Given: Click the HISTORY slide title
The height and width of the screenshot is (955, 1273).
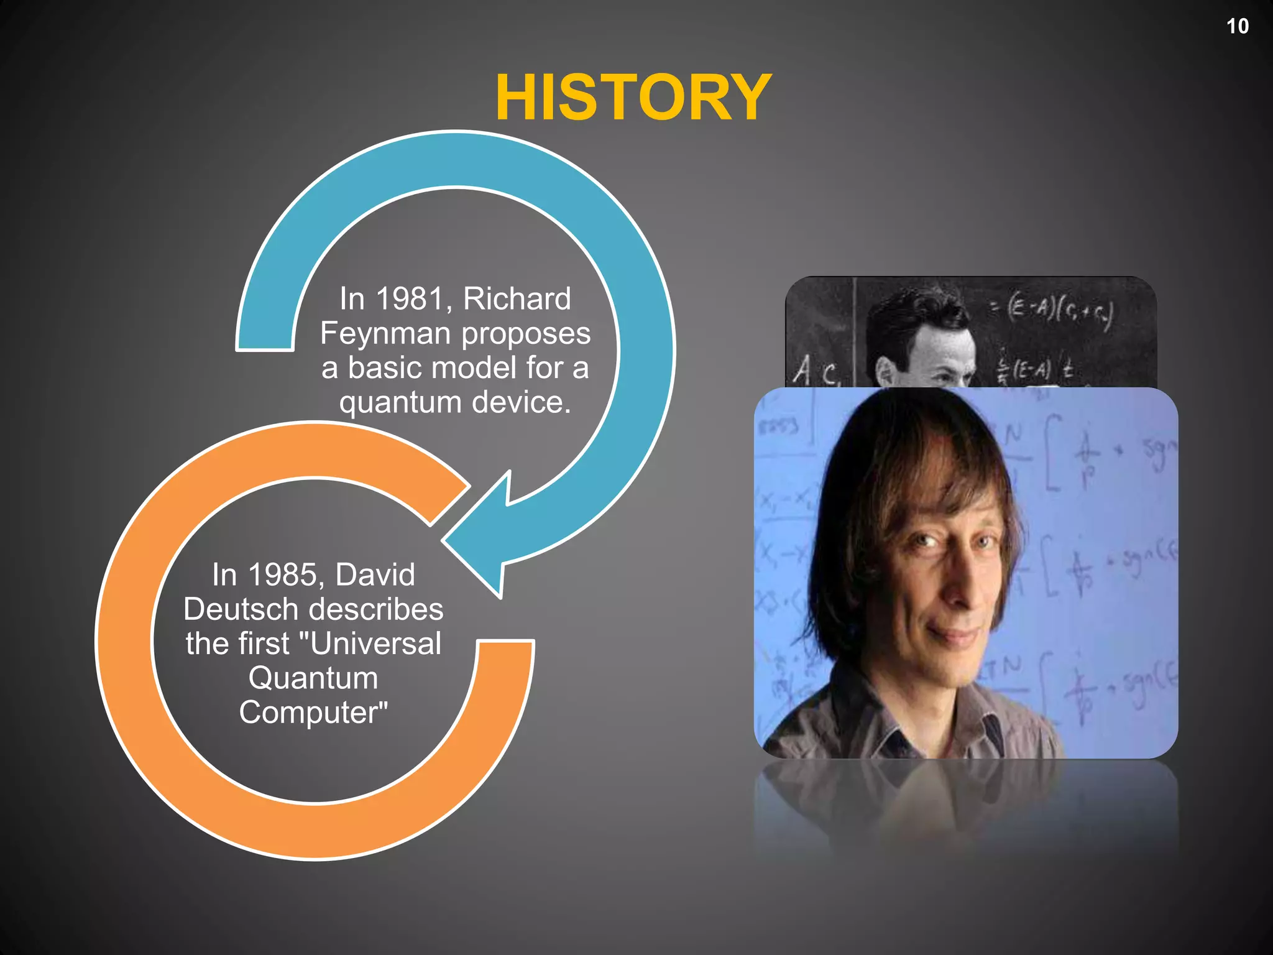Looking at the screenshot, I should point(633,98).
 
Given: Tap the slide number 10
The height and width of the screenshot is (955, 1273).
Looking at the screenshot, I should point(1237,26).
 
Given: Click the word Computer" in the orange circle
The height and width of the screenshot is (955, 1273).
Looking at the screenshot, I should point(313,713).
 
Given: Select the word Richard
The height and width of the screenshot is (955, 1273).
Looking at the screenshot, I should point(517,299).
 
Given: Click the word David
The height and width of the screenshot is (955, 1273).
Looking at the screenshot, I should point(375,574).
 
